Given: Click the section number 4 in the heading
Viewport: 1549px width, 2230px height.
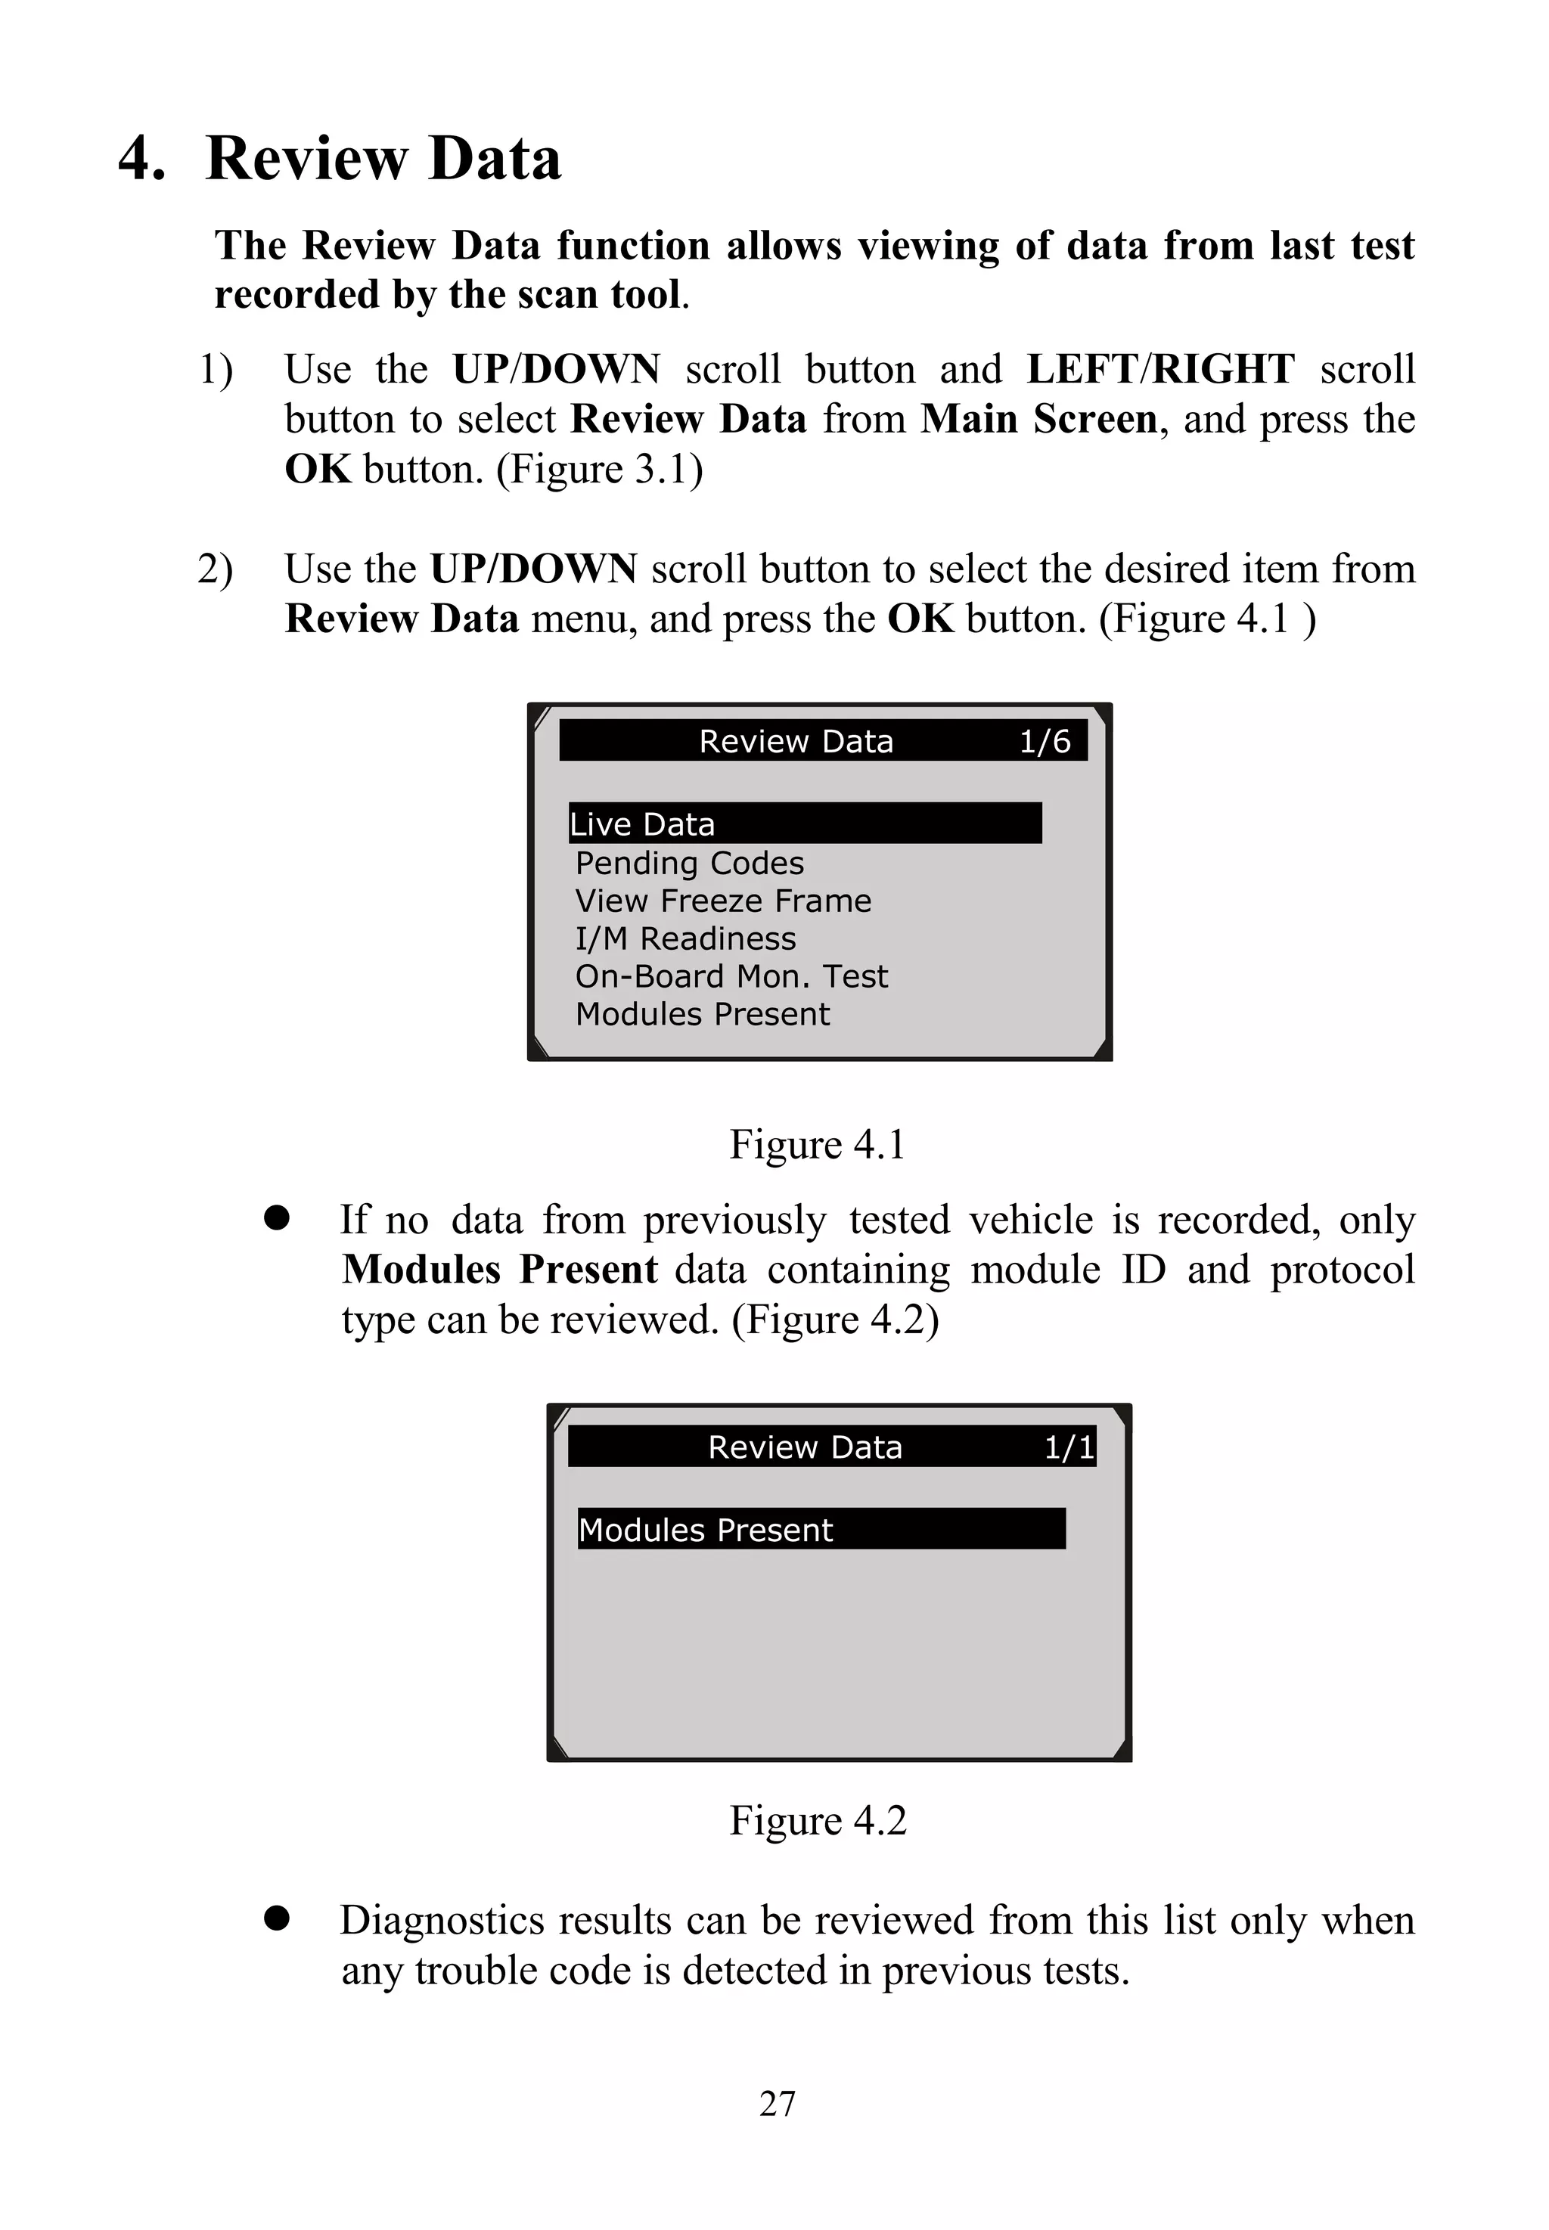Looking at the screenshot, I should [x=141, y=159].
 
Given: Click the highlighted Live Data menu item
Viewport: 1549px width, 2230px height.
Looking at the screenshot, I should [x=642, y=824].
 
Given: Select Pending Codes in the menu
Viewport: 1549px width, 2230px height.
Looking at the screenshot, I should [x=689, y=863].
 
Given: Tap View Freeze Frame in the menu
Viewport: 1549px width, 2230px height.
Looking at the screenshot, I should [x=723, y=901].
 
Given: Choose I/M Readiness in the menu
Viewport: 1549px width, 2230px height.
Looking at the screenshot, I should [x=685, y=938].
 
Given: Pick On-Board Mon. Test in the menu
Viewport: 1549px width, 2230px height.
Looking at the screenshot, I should [x=731, y=976].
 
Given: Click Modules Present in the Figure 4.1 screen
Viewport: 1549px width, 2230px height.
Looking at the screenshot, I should [x=703, y=1014].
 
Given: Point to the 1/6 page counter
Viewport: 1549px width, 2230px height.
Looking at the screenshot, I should [x=1045, y=741].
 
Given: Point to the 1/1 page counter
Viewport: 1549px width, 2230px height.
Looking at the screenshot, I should [x=1069, y=1447].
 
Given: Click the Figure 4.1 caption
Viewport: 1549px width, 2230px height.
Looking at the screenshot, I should [x=817, y=1144].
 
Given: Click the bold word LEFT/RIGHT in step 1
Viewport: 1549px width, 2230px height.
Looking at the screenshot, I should [x=1159, y=370].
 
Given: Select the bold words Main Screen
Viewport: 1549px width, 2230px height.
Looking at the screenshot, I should [x=1038, y=419].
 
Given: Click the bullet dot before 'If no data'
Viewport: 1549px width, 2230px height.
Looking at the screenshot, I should [x=278, y=1218].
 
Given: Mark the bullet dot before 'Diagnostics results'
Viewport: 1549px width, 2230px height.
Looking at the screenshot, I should [x=278, y=1918].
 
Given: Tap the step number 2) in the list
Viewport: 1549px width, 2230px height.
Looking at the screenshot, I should [x=215, y=569].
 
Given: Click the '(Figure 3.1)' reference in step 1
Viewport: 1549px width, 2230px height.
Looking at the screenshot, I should [x=599, y=470].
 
